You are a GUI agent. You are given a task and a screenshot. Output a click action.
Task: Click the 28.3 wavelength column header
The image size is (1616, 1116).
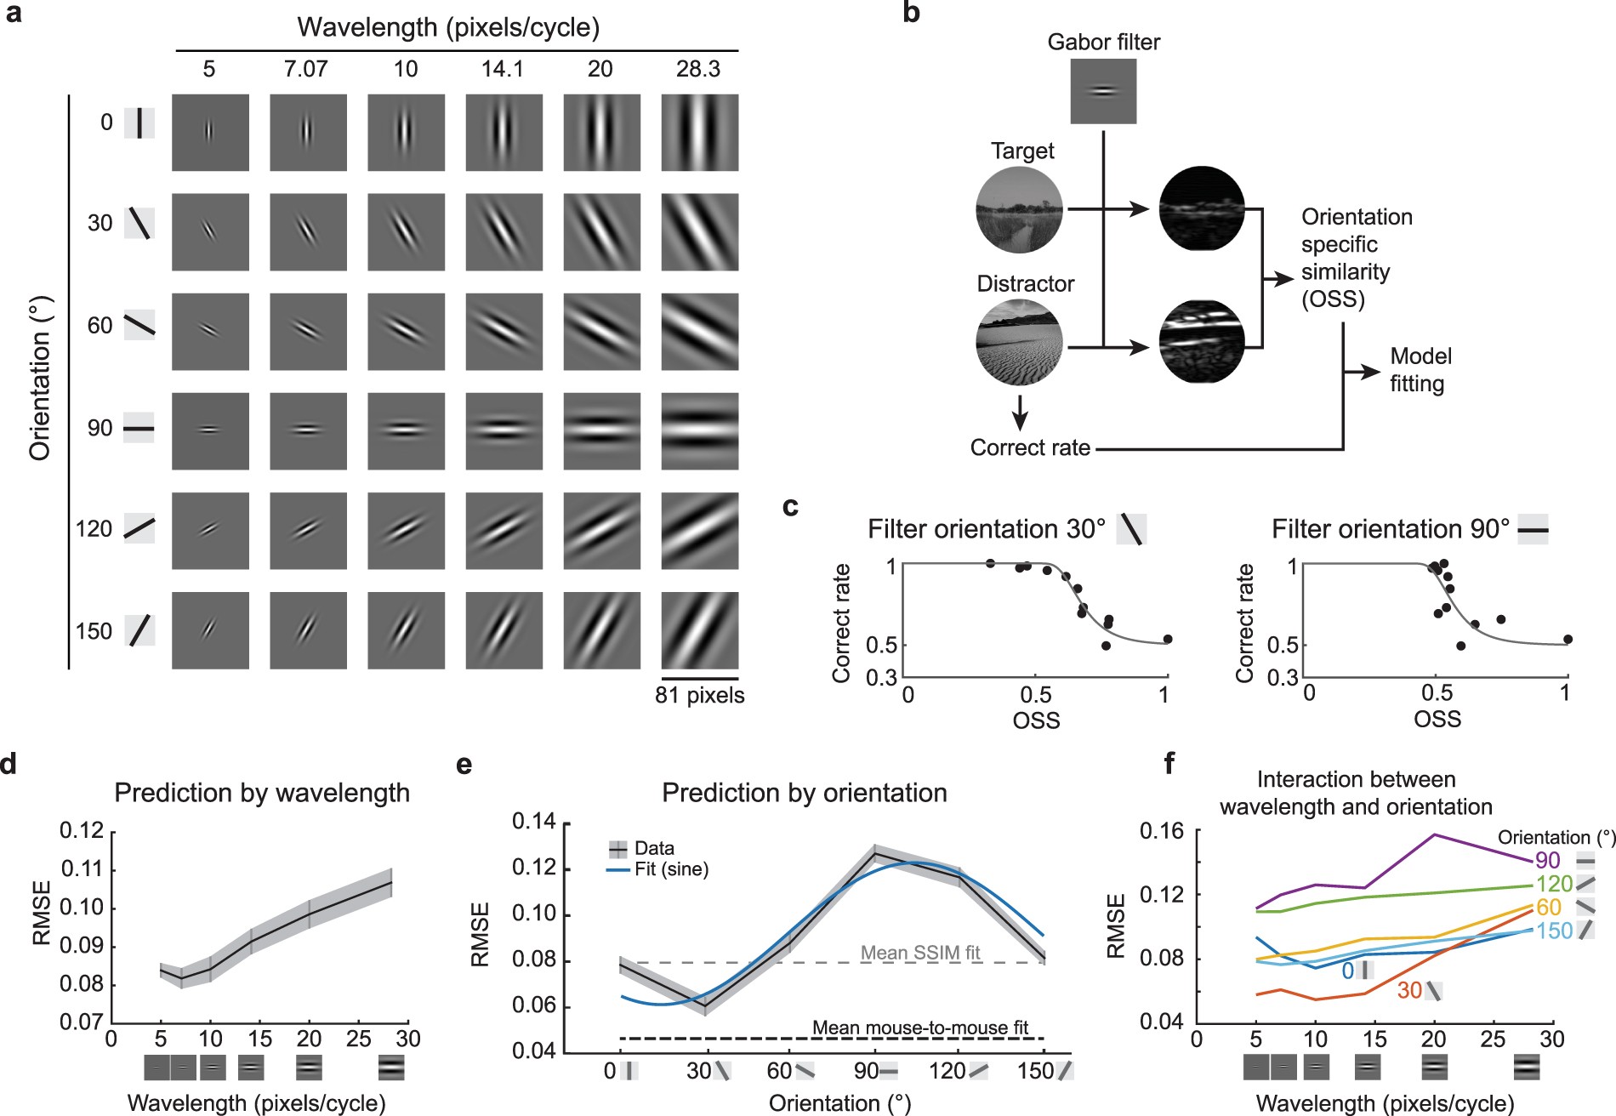click(x=697, y=69)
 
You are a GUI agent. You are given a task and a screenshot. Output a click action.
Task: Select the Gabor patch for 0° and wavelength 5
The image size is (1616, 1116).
click(x=210, y=133)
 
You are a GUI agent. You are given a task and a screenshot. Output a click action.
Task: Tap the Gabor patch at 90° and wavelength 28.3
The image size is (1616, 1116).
click(x=699, y=430)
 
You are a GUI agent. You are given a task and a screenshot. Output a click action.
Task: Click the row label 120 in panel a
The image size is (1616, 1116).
click(x=94, y=529)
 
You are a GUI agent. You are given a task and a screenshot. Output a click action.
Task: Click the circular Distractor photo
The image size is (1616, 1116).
click(x=1019, y=342)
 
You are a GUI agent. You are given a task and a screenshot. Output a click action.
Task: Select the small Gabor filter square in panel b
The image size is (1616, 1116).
click(x=1103, y=91)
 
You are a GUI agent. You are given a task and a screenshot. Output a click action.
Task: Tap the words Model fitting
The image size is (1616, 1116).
click(x=1420, y=370)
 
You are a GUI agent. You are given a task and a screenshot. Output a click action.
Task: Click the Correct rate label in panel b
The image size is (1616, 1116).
click(x=1030, y=447)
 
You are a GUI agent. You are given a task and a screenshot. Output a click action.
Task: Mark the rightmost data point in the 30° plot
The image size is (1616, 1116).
click(x=1167, y=639)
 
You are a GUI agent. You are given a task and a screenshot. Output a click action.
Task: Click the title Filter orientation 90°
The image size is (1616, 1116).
click(x=1390, y=529)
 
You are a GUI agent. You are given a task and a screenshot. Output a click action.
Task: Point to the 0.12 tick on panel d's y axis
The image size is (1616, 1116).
click(x=82, y=831)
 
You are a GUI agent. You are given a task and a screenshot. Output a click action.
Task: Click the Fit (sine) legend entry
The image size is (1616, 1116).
click(x=671, y=869)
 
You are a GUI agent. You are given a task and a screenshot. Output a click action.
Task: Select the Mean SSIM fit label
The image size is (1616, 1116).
click(x=920, y=953)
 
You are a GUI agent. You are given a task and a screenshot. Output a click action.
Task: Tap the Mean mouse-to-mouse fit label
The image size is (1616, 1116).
click(x=920, y=1028)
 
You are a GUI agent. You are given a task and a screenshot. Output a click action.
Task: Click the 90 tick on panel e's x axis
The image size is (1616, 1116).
click(x=866, y=1071)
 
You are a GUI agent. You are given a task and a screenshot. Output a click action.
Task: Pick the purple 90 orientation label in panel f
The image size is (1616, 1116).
click(x=1548, y=861)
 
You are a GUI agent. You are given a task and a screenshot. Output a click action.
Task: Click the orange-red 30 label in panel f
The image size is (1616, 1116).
click(x=1409, y=990)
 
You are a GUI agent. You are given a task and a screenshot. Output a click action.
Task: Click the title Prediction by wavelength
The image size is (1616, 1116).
click(x=262, y=793)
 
